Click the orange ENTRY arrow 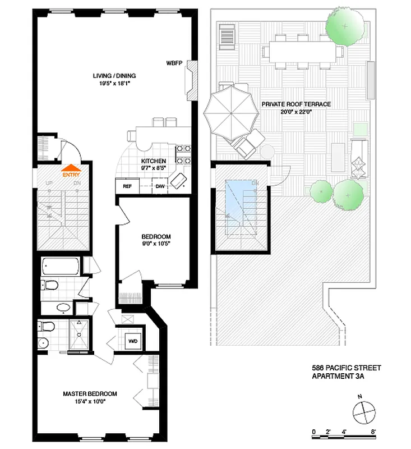click(x=71, y=167)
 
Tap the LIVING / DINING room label click(x=114, y=76)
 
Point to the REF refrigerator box click(x=127, y=186)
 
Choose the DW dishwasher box click(x=160, y=186)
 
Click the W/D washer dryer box click(x=133, y=341)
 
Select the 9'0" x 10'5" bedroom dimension click(x=155, y=244)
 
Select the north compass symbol click(x=363, y=413)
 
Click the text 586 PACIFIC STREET click(x=346, y=368)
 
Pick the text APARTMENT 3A click(x=338, y=377)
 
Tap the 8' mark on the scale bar click(x=372, y=432)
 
